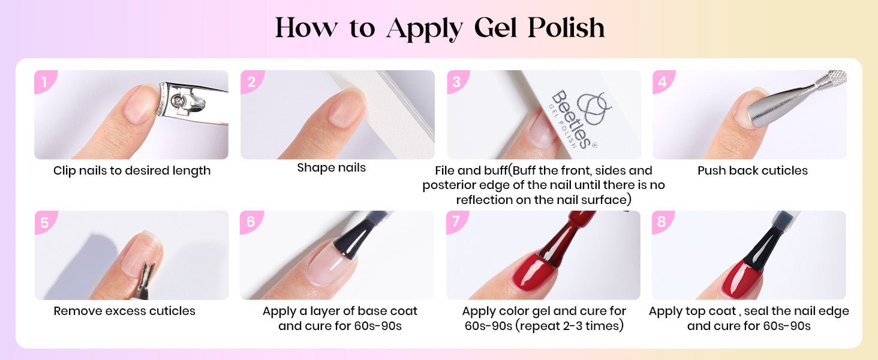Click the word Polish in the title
pyautogui.click(x=566, y=28)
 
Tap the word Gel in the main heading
pyautogui.click(x=495, y=28)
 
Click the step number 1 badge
pyautogui.click(x=45, y=81)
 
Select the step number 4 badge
pyautogui.click(x=663, y=81)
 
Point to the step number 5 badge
pyautogui.click(x=45, y=221)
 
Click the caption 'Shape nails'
pyautogui.click(x=331, y=168)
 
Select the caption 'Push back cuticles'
pyautogui.click(x=753, y=170)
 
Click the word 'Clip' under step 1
pyautogui.click(x=64, y=171)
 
